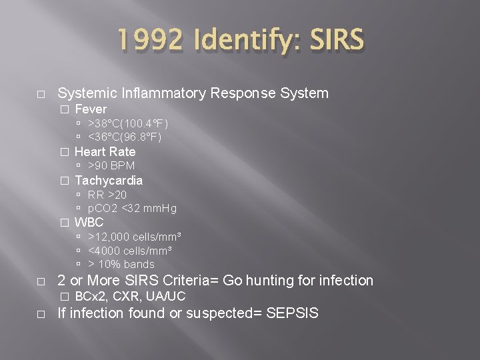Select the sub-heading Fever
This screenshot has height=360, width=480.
point(91,109)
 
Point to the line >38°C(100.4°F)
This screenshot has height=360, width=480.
point(128,123)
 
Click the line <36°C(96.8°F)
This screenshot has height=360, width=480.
point(125,137)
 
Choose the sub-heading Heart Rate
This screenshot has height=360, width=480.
point(105,152)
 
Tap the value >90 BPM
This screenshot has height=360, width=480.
point(111,166)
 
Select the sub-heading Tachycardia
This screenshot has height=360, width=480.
point(109,181)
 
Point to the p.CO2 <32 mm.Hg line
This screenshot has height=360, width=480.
point(132,209)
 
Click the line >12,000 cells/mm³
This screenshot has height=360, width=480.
point(135,237)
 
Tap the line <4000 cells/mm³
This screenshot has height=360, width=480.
point(130,251)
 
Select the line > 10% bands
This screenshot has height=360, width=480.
point(121,265)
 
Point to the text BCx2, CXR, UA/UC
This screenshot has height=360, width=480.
point(130,297)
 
